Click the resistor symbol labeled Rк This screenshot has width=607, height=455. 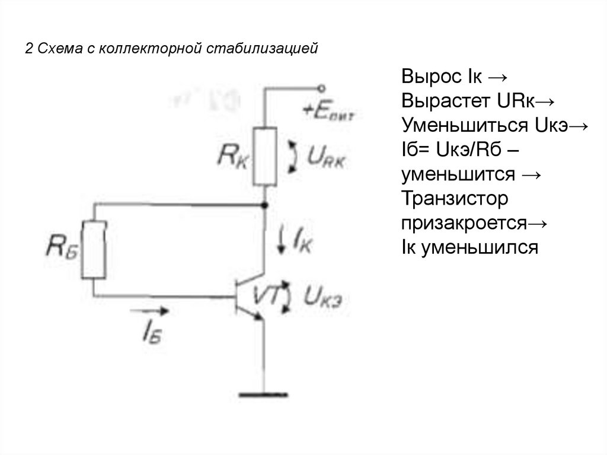tap(264, 156)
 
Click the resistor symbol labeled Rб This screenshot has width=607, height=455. tap(94, 249)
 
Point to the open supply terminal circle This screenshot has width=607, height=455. tap(320, 88)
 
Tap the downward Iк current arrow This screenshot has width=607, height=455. tap(281, 240)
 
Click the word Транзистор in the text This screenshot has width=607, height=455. tap(455, 199)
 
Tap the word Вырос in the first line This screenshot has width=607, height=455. tap(431, 77)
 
